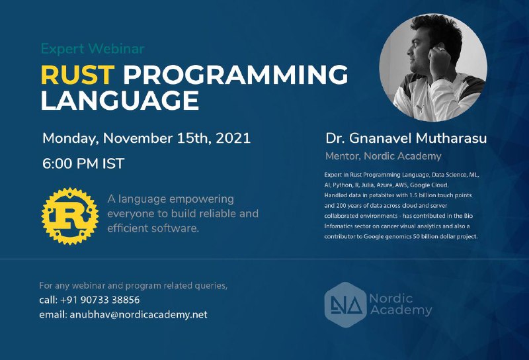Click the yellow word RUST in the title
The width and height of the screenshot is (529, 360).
coord(77,74)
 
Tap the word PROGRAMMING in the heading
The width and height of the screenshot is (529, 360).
coord(235,74)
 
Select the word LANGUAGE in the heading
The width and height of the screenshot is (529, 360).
coord(120,101)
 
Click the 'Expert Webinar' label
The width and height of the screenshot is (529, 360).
coord(93,49)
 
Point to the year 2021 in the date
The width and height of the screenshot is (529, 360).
coord(233,138)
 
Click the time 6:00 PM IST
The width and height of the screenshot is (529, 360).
coord(83,163)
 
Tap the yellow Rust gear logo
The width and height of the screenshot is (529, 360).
coord(70,216)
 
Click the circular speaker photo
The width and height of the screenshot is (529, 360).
coord(433,67)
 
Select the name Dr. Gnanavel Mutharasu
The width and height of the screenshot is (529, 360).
coord(406,138)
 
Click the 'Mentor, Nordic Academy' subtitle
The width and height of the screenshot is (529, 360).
coord(384,156)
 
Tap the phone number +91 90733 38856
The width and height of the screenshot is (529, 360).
coord(100,300)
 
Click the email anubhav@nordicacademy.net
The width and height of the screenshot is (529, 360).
coord(138,315)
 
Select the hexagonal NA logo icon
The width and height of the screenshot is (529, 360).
coord(345,305)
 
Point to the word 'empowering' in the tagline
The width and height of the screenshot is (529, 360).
coord(202,199)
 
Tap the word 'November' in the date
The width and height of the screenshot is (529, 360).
coord(138,138)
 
